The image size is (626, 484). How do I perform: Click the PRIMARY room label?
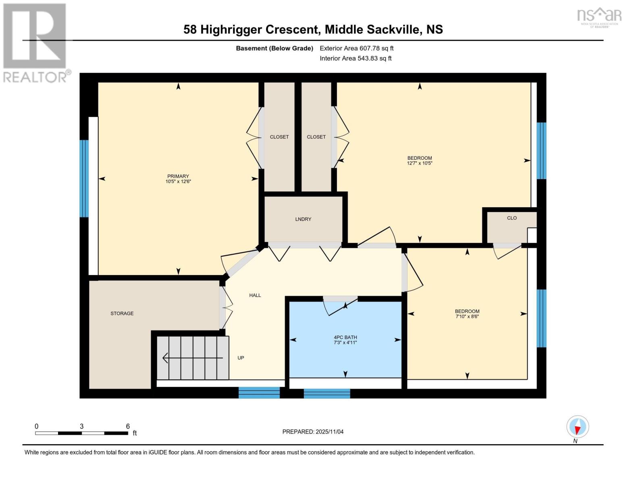point(178,176)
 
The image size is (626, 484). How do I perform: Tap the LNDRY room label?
point(303,219)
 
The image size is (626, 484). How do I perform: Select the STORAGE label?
point(122,313)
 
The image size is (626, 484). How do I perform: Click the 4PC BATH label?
point(345,337)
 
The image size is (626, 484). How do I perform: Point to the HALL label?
point(255,295)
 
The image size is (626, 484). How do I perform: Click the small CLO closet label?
point(512,218)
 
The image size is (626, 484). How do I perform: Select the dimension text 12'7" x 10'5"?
point(420,163)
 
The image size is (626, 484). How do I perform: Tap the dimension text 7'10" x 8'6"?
point(467,317)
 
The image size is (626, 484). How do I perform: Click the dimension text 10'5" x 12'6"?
point(178,181)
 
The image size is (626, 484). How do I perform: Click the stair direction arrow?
point(192,358)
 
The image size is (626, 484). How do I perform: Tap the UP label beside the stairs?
point(241,358)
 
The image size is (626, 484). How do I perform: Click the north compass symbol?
point(578,427)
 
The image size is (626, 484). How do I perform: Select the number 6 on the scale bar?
point(128,426)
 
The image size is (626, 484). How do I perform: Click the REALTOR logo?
point(35,42)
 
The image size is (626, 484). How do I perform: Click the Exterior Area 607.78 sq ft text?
point(356,48)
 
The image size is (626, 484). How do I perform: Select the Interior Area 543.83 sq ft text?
point(356,58)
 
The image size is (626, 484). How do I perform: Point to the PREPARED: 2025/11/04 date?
point(313,432)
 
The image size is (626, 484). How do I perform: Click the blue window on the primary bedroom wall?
point(84,178)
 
